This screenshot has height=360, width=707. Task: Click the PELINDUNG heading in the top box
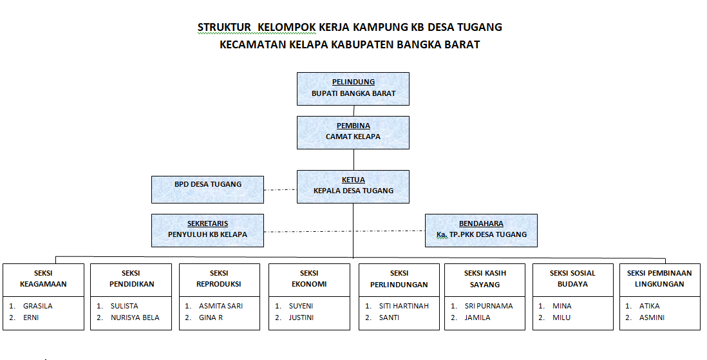coord(353,82)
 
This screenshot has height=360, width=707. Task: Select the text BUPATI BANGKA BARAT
coord(353,93)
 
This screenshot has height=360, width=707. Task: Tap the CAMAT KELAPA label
coord(353,137)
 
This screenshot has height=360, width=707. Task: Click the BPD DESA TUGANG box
coord(207,189)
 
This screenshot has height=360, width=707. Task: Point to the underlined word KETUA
coord(353,180)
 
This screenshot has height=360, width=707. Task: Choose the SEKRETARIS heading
coord(207,223)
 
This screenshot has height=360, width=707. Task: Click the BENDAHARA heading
coord(481,223)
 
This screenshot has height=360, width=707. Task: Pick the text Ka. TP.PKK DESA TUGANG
coord(481,234)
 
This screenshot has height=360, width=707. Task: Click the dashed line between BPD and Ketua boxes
coord(280,189)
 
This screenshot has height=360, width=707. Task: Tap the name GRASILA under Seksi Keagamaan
coord(38,306)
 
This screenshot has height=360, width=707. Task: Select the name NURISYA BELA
coord(135,317)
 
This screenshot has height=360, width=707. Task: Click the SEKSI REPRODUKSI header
coord(219,278)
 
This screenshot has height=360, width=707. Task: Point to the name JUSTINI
coord(301,317)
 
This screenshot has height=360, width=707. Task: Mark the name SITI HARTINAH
coord(404,306)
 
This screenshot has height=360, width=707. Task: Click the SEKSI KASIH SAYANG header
coord(485,279)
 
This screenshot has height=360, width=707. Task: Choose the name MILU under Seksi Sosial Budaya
coord(561,317)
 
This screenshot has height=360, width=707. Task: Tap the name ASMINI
coord(652,317)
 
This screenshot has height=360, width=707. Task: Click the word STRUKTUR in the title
coord(224,27)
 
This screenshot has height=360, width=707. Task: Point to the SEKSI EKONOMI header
coord(309,278)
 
